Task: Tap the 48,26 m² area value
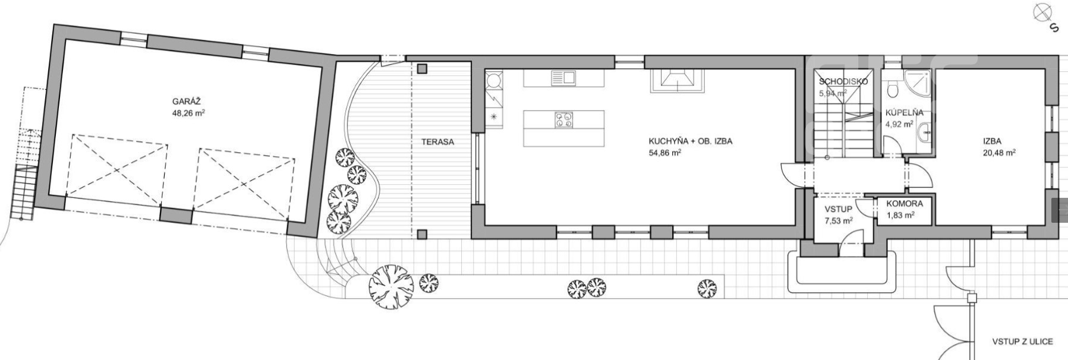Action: pyautogui.click(x=188, y=112)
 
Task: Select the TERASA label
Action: pyautogui.click(x=437, y=142)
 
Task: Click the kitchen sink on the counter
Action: pyautogui.click(x=563, y=77)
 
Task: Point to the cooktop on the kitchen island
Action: pyautogui.click(x=563, y=120)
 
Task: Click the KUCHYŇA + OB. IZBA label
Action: pyautogui.click(x=690, y=141)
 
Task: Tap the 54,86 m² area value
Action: pyautogui.click(x=664, y=153)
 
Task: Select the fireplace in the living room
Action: pyautogui.click(x=678, y=81)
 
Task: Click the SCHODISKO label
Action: pyautogui.click(x=843, y=81)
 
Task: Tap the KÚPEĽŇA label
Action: pyautogui.click(x=905, y=112)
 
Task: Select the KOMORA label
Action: pyautogui.click(x=905, y=204)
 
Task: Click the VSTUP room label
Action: pyautogui.click(x=838, y=209)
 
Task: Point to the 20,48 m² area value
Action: pyautogui.click(x=999, y=152)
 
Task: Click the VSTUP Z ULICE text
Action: pyautogui.click(x=1022, y=342)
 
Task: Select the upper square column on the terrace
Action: pyautogui.click(x=422, y=69)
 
